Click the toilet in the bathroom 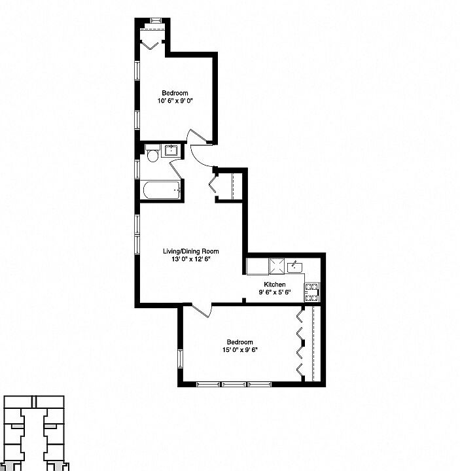tap(152, 156)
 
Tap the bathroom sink tap(172, 151)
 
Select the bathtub tap(160, 190)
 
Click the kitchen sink tap(295, 266)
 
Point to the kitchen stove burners tap(312, 292)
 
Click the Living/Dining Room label tap(190, 251)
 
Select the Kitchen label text tap(275, 284)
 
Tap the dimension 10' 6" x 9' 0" tap(175, 101)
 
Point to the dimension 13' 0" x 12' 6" tap(190, 259)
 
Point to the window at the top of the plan tap(156, 21)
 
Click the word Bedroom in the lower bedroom tap(239, 342)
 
